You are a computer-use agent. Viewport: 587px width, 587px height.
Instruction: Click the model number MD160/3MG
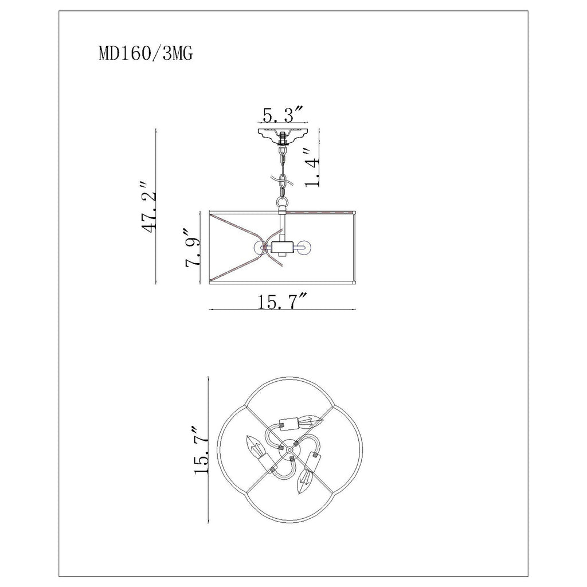146,54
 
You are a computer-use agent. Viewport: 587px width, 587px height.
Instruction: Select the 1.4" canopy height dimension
312,167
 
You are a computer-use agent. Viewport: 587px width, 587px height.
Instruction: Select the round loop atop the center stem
283,204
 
